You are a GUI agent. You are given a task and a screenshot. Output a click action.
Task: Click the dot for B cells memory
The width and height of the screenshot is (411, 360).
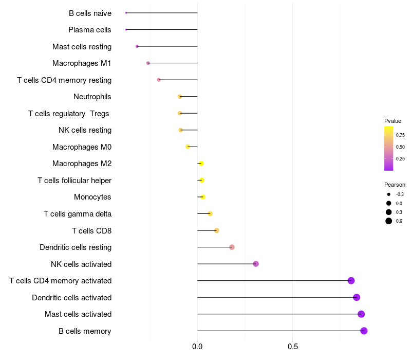[364, 331]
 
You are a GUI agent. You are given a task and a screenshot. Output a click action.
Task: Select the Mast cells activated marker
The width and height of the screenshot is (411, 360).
[361, 314]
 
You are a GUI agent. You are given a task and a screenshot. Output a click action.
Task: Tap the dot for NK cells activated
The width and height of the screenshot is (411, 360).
[256, 264]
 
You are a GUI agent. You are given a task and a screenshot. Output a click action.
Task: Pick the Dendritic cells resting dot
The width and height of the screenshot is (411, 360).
[232, 247]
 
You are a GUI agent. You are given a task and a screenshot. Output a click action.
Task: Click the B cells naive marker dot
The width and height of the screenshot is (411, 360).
[126, 13]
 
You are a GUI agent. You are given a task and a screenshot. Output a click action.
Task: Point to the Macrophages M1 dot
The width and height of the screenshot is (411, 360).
[148, 63]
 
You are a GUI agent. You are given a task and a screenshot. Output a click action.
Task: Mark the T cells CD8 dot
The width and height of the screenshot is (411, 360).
[216, 230]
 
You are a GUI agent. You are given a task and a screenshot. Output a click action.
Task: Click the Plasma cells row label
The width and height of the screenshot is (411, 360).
[90, 30]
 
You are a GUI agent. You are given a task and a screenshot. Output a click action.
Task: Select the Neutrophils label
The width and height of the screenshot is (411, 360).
[92, 97]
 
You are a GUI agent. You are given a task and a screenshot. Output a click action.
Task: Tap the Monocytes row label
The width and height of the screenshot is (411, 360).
[92, 197]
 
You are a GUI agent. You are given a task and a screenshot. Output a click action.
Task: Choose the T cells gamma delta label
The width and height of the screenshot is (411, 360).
[78, 214]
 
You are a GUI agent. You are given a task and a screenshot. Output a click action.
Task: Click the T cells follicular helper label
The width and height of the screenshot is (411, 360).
[74, 181]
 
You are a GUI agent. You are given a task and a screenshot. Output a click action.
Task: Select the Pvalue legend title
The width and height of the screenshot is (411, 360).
[393, 121]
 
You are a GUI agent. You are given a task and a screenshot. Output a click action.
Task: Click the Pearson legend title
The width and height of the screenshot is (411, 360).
[395, 185]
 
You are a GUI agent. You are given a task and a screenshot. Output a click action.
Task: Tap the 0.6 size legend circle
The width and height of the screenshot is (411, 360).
[389, 221]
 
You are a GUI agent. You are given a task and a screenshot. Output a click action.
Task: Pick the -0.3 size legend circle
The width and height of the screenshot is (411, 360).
[389, 194]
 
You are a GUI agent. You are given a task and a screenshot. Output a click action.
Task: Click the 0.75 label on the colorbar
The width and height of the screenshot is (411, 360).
[400, 135]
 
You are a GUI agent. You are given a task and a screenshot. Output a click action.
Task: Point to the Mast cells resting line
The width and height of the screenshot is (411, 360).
[167, 46]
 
